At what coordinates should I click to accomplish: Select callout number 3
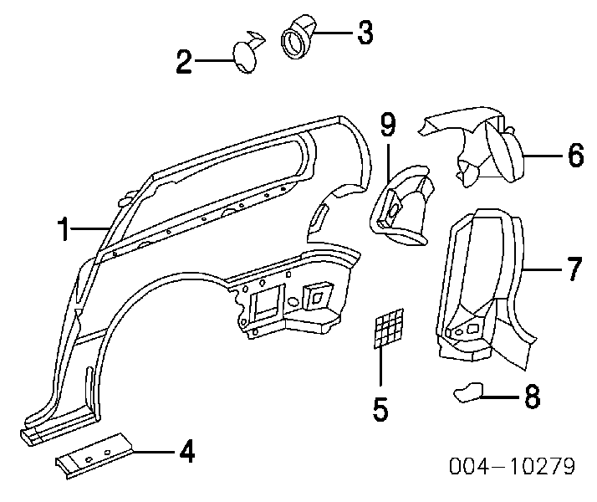(364, 33)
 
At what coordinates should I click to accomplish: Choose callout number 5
(380, 409)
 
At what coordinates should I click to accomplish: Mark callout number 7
(574, 269)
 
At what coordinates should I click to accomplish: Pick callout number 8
(531, 397)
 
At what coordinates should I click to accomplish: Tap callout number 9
(388, 125)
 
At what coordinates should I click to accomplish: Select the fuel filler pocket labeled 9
(401, 209)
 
